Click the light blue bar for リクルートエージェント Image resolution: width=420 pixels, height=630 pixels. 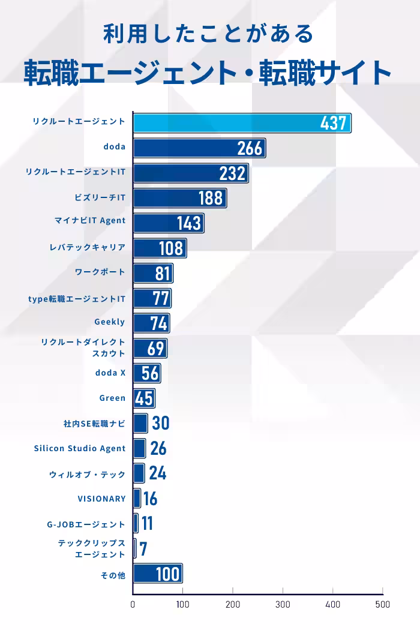240,122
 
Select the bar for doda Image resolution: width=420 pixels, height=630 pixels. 199,148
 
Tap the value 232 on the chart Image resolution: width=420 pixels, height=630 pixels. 233,173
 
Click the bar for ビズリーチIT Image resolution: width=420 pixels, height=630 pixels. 179,197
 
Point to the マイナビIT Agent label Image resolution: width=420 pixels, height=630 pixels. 90,220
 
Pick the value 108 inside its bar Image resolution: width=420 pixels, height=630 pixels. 171,248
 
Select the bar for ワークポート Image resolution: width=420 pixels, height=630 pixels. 152,273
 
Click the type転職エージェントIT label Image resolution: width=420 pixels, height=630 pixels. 77,298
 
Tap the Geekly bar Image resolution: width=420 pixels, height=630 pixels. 151,323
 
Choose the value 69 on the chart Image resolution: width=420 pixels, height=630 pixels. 155,348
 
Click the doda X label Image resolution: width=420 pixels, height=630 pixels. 110,373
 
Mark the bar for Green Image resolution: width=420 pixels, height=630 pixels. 143,398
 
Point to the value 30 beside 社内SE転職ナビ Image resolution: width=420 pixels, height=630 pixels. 160,424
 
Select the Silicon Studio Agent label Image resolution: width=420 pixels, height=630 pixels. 80,448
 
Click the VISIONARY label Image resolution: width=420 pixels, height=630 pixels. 101,499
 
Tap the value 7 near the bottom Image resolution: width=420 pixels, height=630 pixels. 143,548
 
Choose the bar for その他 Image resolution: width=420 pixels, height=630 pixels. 157,574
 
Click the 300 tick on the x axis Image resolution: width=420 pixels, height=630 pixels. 283,604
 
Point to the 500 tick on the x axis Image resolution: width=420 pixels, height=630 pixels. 382,604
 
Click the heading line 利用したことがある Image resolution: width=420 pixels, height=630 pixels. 209,34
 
